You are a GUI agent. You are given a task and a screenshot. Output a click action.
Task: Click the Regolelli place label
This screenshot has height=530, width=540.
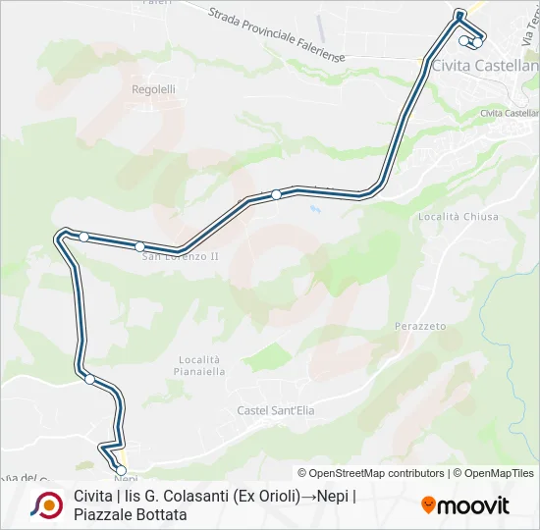pyautogui.click(x=153, y=89)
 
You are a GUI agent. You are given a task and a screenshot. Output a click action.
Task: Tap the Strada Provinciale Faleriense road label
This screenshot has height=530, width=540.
pyautogui.click(x=276, y=32)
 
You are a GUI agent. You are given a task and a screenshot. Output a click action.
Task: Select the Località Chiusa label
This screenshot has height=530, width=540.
pyautogui.click(x=458, y=217)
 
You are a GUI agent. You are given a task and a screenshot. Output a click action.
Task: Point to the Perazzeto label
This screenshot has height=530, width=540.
pyautogui.click(x=420, y=326)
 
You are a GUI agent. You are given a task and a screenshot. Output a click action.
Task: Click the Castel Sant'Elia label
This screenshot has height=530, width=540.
pyautogui.click(x=276, y=411)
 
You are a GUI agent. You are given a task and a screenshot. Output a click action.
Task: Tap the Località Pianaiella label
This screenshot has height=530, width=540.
pyautogui.click(x=202, y=366)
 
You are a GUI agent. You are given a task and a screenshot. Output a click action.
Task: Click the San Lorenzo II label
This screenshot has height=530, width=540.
pyautogui.click(x=181, y=257)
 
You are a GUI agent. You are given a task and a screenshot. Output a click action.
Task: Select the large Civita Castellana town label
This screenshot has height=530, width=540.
pyautogui.click(x=485, y=66)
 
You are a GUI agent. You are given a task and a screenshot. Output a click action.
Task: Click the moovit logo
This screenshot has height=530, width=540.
pyautogui.click(x=465, y=505)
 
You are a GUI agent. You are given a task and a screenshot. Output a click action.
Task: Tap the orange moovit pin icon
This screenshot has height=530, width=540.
pyautogui.click(x=428, y=505)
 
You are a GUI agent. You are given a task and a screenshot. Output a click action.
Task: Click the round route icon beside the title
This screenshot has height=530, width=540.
pyautogui.click(x=46, y=504)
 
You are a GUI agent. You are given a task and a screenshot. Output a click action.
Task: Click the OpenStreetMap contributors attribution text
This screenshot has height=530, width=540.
pyautogui.click(x=371, y=473)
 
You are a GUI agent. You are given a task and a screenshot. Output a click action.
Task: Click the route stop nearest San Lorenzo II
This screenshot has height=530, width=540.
pyautogui.click(x=140, y=246)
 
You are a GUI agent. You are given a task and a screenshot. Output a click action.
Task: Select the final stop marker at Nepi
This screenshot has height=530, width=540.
pyautogui.click(x=122, y=470)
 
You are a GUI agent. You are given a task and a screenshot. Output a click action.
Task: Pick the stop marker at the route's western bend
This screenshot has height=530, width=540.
pyautogui.click(x=84, y=237)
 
